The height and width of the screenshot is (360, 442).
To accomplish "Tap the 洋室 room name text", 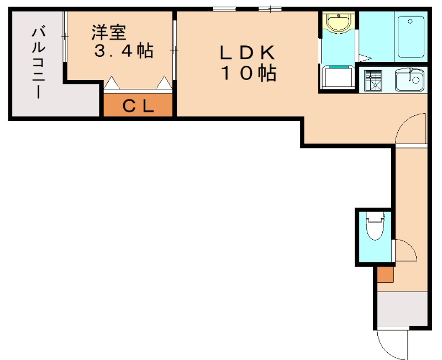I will tap(108, 32).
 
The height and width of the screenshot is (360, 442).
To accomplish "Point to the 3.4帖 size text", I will tap(124, 51).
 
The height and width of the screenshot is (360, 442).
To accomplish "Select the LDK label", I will tap(248, 53).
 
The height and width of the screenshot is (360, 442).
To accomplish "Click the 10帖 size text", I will tap(249, 73).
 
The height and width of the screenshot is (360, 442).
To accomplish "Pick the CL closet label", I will tap(138, 106).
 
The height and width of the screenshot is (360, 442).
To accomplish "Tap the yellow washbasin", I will tap(338, 24).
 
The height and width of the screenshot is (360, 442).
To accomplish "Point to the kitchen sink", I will tap(409, 81).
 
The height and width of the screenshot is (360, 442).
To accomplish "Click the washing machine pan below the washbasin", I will tap(338, 77).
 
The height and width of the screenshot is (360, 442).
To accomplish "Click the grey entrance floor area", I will tap(402, 310).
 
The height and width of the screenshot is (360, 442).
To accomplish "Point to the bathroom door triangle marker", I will tap(365, 57).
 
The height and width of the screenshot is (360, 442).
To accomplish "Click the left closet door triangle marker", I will tap(112, 83).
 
